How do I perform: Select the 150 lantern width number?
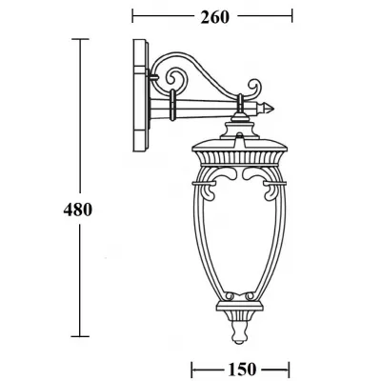(241, 367)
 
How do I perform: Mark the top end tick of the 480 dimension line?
(79, 39)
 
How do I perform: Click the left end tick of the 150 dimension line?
(195, 367)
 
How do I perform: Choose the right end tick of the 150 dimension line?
(288, 367)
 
